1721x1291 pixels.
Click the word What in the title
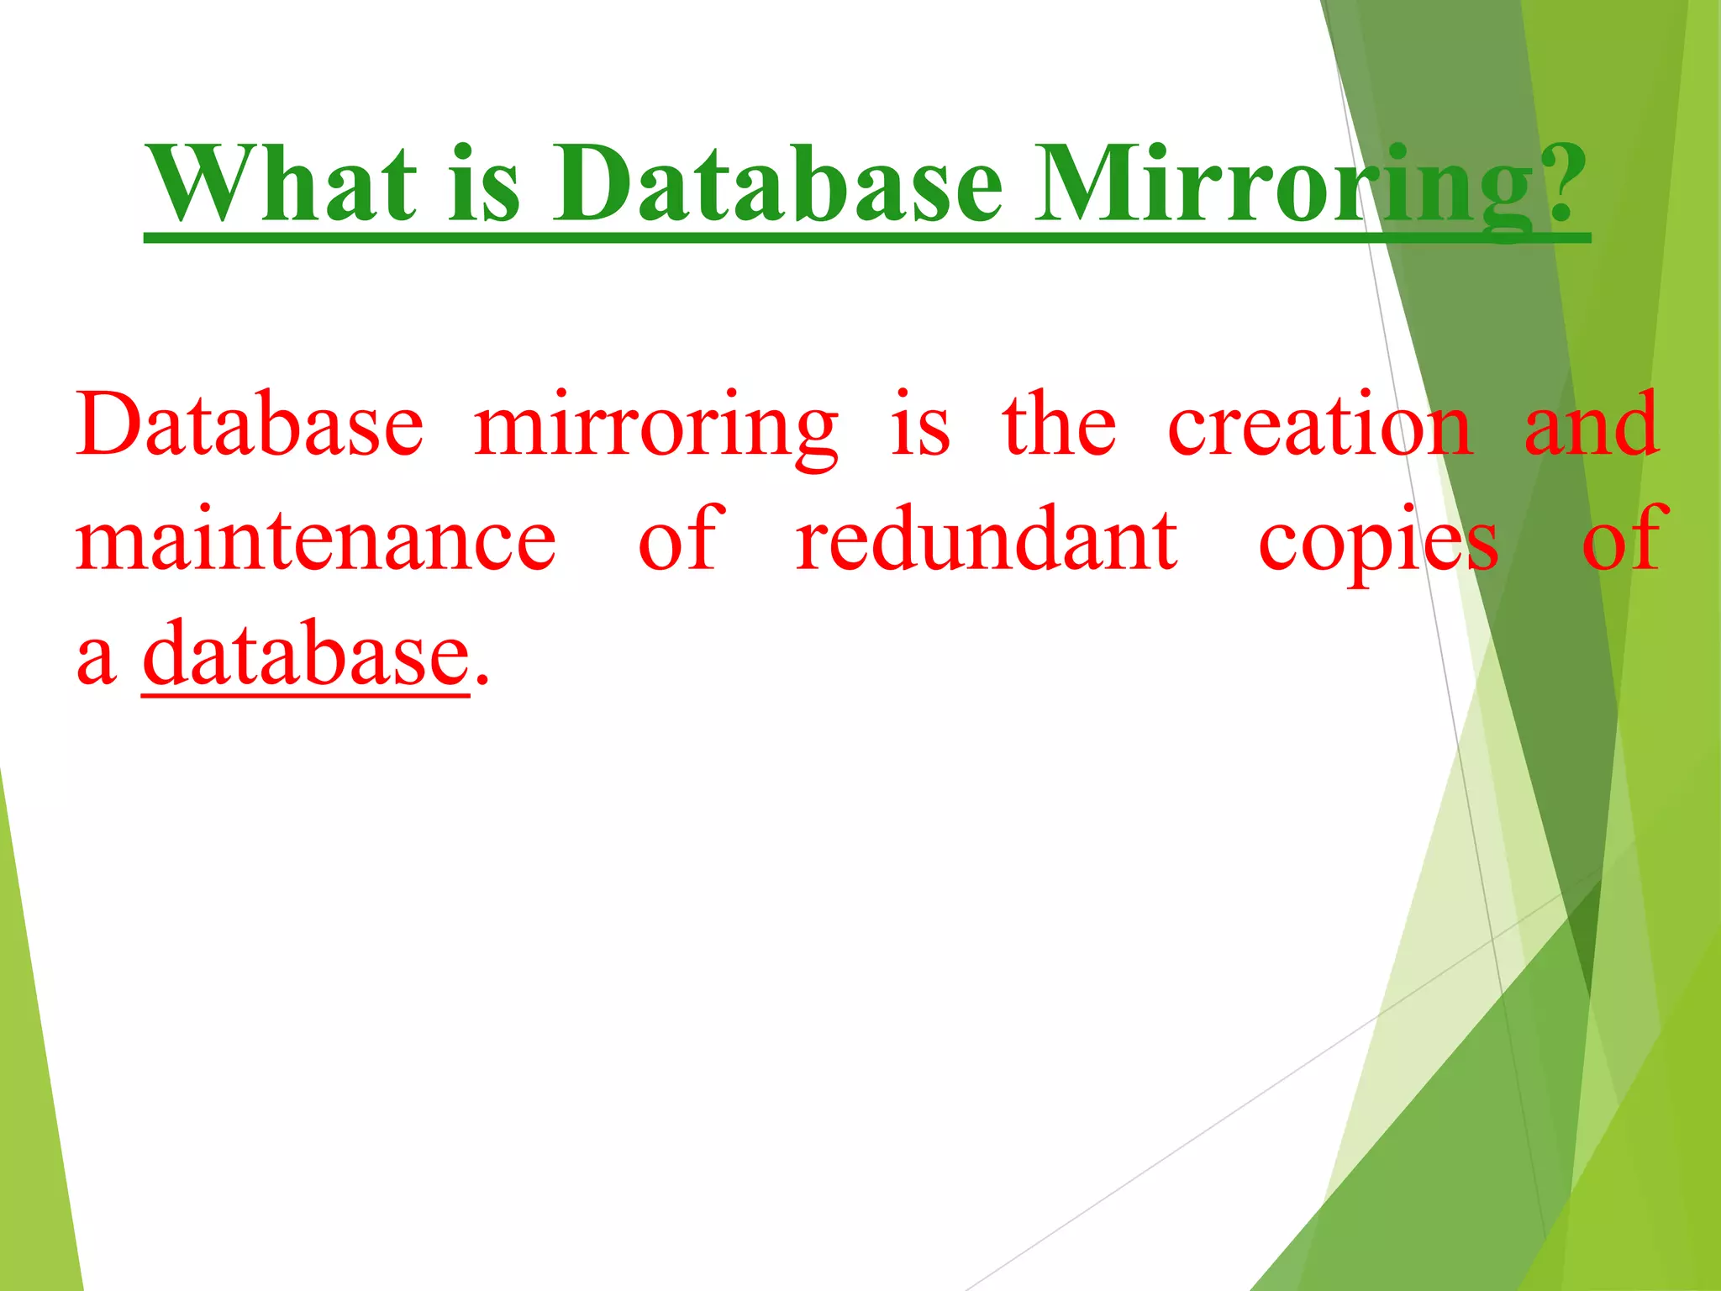tap(281, 183)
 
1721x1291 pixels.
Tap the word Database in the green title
tap(777, 183)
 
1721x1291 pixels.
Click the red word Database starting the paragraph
tap(250, 424)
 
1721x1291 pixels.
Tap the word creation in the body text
tap(1320, 424)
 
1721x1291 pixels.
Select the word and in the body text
tap(1592, 424)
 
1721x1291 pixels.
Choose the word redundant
tap(987, 540)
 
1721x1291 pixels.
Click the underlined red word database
tap(306, 654)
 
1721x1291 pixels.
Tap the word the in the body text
tap(1060, 424)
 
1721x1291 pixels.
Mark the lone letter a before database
tap(95, 660)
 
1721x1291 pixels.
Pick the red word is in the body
tap(920, 424)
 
